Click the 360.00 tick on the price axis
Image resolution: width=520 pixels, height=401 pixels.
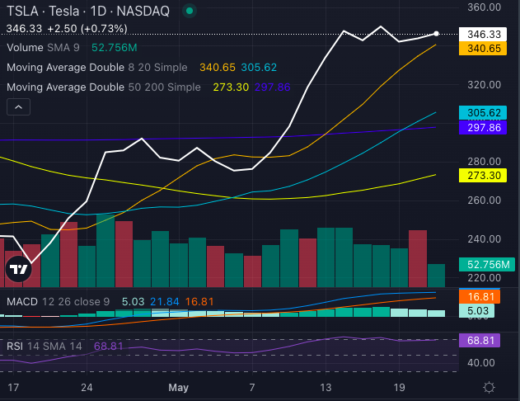[484, 7]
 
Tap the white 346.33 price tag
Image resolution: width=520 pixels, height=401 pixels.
[484, 34]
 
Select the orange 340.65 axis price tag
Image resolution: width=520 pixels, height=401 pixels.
[484, 49]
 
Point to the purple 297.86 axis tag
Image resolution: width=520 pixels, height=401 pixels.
[484, 127]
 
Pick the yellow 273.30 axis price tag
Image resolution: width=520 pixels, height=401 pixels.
[484, 176]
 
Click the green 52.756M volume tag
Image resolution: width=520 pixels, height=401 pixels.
[486, 265]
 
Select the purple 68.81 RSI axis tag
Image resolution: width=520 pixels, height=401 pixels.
[484, 340]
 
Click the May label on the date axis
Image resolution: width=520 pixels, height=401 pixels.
[179, 386]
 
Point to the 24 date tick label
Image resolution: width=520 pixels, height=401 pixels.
[87, 386]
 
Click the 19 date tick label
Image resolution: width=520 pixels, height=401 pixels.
[398, 386]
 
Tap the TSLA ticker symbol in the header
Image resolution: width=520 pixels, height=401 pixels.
[21, 11]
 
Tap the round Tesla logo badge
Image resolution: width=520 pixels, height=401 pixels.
[18, 268]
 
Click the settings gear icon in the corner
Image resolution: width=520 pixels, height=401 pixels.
[490, 386]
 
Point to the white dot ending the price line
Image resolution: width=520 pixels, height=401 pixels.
[437, 34]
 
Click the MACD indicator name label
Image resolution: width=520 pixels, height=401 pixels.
[22, 302]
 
